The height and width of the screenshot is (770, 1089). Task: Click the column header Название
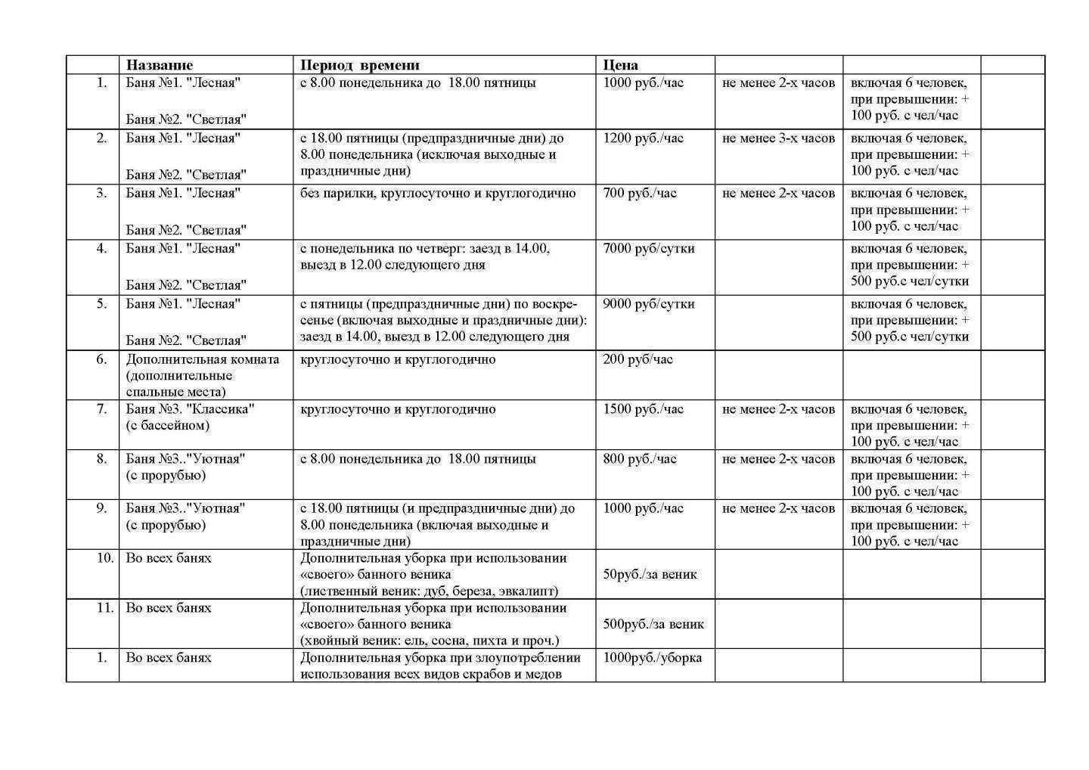coord(159,65)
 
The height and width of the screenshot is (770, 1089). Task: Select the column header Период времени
coord(359,65)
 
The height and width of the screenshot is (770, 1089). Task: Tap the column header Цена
coord(620,65)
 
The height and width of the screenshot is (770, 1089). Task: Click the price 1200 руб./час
coord(643,138)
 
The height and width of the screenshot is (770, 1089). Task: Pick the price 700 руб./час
coord(640,194)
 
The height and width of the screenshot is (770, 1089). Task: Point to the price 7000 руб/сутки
coord(648,249)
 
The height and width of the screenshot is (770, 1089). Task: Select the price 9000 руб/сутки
coord(648,304)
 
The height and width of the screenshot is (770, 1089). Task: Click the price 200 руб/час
coord(638,359)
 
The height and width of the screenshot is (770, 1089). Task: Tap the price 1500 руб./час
coord(643,409)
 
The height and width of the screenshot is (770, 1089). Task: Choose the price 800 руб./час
coord(640,459)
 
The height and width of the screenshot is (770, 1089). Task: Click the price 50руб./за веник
coord(650,575)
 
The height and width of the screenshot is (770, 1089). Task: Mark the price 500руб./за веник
coord(653,625)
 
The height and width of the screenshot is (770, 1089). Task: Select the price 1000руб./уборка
coord(652,658)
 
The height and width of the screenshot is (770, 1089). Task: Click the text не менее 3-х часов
coord(778,138)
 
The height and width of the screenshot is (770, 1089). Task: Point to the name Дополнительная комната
coord(202,359)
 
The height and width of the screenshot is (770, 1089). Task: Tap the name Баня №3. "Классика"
coord(190,409)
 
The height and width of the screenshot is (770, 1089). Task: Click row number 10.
coord(104,558)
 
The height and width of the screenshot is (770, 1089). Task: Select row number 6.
coord(101,359)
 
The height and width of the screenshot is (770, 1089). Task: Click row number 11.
coord(104,608)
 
